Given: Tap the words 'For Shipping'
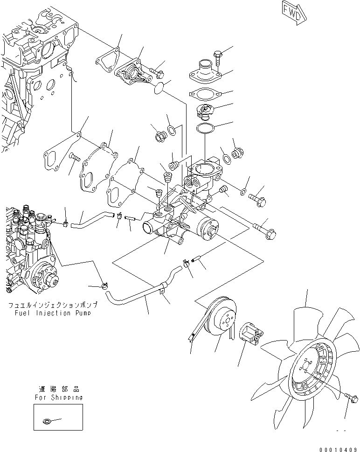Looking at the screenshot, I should pyautogui.click(x=59, y=397).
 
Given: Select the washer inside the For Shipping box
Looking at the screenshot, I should pyautogui.click(x=47, y=422).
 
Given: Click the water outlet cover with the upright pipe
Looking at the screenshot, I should pyautogui.click(x=204, y=72).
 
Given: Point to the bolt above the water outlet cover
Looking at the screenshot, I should pyautogui.click(x=218, y=56).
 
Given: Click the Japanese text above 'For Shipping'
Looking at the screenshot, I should pyautogui.click(x=59, y=389).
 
